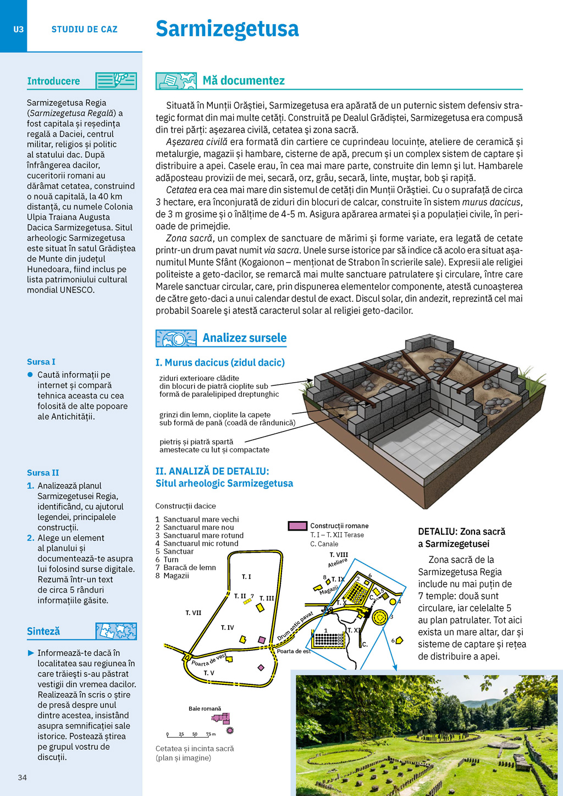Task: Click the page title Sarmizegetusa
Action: [227, 29]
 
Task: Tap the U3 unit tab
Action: [18, 29]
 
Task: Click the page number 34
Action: [23, 777]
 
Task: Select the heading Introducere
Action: [53, 81]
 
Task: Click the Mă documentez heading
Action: [244, 81]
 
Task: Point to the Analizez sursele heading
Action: [244, 338]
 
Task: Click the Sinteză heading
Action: [43, 631]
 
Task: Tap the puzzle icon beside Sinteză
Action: [116, 631]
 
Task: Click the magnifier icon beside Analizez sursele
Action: [176, 338]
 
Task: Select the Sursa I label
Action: [41, 362]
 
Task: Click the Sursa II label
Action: [43, 473]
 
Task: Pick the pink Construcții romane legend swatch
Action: [297, 526]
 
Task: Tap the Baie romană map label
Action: [205, 709]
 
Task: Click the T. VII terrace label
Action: [193, 612]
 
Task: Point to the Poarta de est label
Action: [293, 651]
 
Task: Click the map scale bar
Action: [191, 735]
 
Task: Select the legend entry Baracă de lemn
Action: [190, 567]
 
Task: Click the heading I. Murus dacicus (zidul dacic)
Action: [220, 363]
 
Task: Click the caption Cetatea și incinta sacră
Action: [195, 749]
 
